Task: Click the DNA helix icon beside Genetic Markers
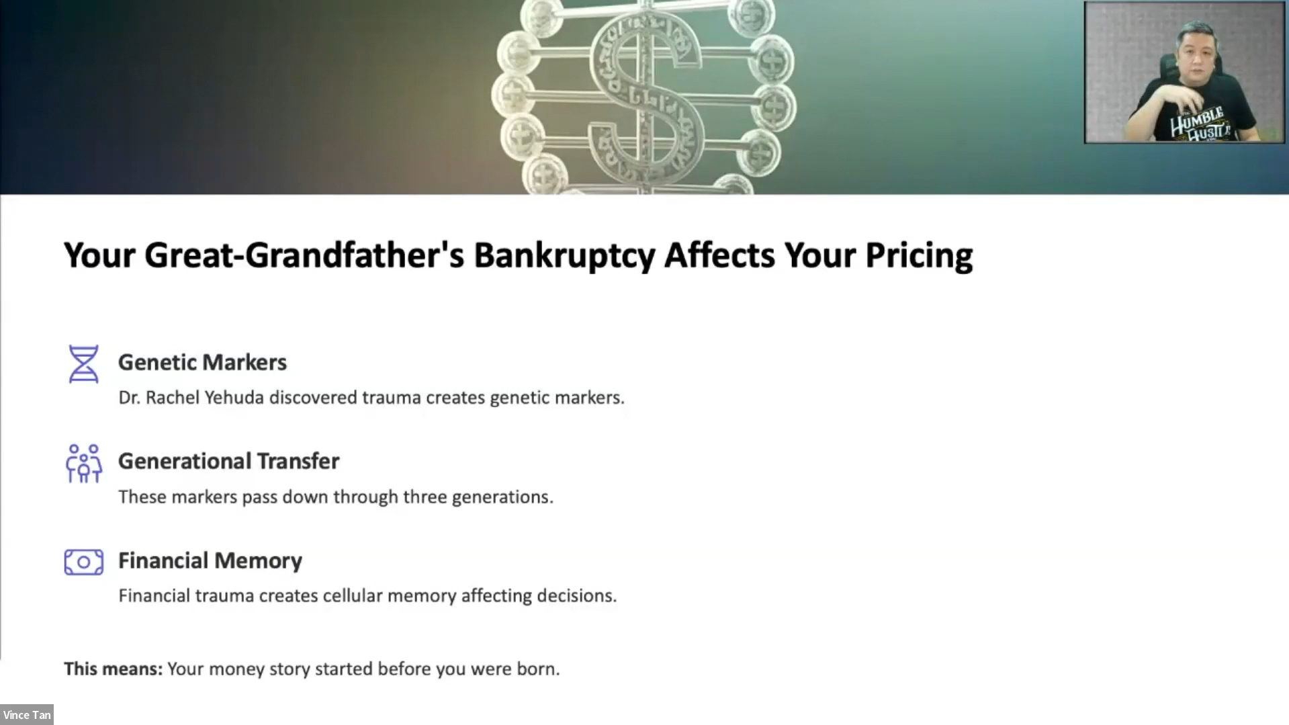(x=83, y=364)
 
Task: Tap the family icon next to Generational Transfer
(x=83, y=463)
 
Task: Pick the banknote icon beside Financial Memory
(x=84, y=562)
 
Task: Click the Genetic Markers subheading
(x=202, y=362)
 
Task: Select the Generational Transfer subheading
(x=228, y=461)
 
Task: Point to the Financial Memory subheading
(x=210, y=560)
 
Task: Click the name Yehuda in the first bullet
(x=234, y=397)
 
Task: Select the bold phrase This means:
(x=113, y=669)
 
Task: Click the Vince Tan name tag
(x=26, y=715)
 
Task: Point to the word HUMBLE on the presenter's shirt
(x=1197, y=120)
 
